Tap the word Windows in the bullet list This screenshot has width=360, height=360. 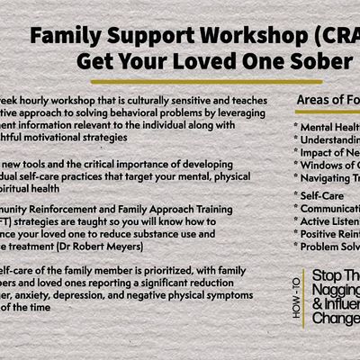point(330,163)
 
